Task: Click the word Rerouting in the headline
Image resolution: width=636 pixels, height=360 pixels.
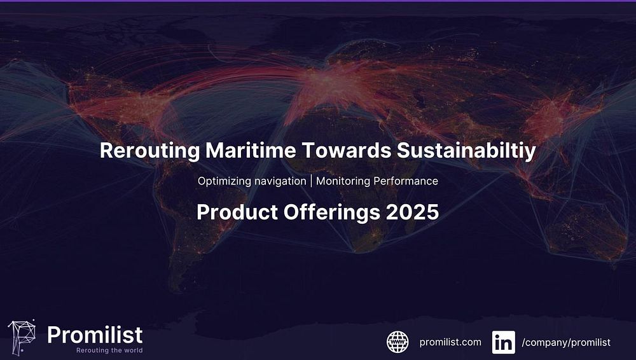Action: [x=149, y=151]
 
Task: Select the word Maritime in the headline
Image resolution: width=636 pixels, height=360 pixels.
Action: [x=251, y=150]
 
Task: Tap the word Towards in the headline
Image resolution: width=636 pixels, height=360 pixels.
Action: [x=347, y=150]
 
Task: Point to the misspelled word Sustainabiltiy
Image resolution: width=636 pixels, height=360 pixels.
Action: [x=466, y=151]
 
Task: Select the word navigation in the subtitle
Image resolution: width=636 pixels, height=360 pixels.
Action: [x=279, y=181]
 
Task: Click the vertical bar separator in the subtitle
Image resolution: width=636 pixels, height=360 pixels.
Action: [x=312, y=181]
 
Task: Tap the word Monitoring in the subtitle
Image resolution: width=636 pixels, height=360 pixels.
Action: [x=343, y=181]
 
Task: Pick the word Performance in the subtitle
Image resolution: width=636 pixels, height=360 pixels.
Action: [x=406, y=181]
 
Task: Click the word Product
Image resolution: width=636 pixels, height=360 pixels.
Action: [x=237, y=212]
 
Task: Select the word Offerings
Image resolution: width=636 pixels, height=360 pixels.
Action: [x=332, y=212]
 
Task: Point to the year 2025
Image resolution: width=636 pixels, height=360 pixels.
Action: [x=413, y=212]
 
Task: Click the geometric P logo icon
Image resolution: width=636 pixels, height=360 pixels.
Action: [x=22, y=337]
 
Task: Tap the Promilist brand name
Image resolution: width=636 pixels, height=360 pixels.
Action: [x=95, y=335]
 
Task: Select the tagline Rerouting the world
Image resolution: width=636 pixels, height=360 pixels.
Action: [x=109, y=350]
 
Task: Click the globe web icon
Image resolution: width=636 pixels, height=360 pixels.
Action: [x=397, y=342]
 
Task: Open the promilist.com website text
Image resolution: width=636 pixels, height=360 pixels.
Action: [x=450, y=342]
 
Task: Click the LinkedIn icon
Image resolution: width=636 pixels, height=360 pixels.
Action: [x=504, y=342]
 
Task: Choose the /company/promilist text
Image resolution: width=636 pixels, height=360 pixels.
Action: [x=566, y=343]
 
